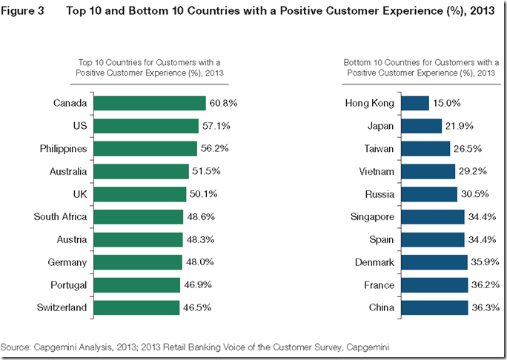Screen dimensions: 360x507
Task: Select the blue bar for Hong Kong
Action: click(414, 104)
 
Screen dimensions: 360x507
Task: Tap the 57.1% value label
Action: click(216, 126)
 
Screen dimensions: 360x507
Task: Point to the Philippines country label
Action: click(63, 149)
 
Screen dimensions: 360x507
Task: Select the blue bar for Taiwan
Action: click(425, 149)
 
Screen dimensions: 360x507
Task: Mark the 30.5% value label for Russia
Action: click(475, 194)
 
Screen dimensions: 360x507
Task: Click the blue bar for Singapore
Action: click(433, 217)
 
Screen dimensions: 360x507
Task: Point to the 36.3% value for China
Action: click(486, 307)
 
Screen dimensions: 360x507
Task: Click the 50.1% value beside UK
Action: click(204, 194)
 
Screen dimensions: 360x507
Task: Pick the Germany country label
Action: click(67, 262)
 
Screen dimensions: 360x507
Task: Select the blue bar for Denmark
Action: click(434, 262)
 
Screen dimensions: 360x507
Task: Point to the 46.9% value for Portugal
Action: click(197, 284)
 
